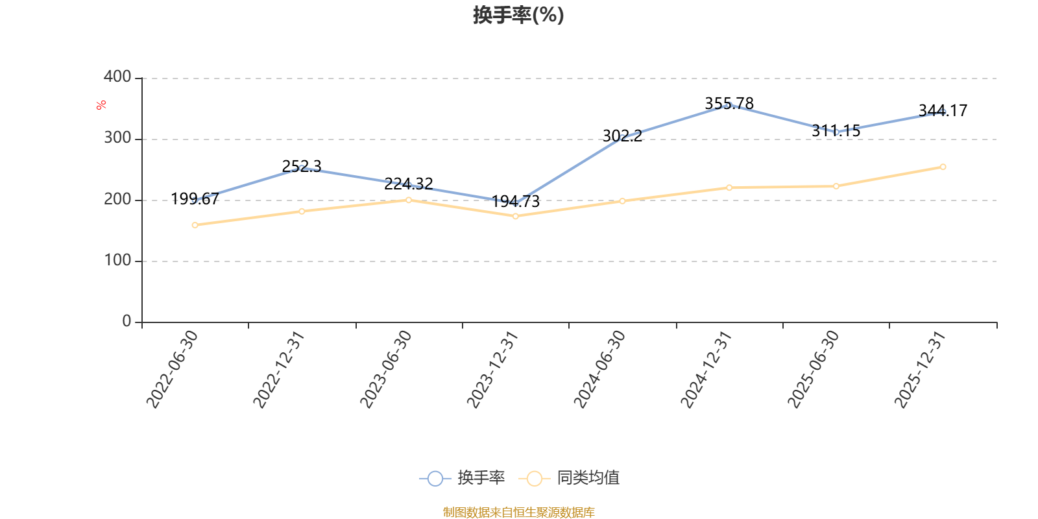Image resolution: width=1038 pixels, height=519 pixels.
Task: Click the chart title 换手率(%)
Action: [518, 15]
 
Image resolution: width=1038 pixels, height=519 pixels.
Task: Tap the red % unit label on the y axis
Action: [101, 105]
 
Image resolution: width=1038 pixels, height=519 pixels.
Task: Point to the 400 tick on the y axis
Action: [117, 77]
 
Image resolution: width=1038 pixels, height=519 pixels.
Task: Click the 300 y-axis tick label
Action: [117, 138]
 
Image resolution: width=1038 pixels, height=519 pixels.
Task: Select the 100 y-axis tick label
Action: [117, 261]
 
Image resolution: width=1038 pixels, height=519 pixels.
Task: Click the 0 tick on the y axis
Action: [127, 322]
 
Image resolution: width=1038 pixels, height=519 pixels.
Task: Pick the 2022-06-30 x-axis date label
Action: [173, 368]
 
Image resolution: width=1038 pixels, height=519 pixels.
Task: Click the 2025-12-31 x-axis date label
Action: [921, 368]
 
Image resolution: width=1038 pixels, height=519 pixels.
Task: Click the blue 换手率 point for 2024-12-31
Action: [729, 105]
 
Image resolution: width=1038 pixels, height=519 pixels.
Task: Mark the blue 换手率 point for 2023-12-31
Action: [515, 203]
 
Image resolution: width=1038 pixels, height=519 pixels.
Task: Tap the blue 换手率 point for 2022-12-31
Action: [302, 169]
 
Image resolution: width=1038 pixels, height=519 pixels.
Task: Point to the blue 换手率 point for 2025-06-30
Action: [836, 132]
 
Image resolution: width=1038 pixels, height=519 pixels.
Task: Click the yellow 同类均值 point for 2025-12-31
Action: [943, 167]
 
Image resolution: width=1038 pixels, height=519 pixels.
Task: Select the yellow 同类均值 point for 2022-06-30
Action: [195, 225]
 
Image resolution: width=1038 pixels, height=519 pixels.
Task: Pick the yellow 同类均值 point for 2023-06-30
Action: [409, 200]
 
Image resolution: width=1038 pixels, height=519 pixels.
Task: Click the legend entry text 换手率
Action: [481, 478]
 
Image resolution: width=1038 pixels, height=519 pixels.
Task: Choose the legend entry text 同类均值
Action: [588, 478]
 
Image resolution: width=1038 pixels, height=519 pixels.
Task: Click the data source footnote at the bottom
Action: [518, 513]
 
